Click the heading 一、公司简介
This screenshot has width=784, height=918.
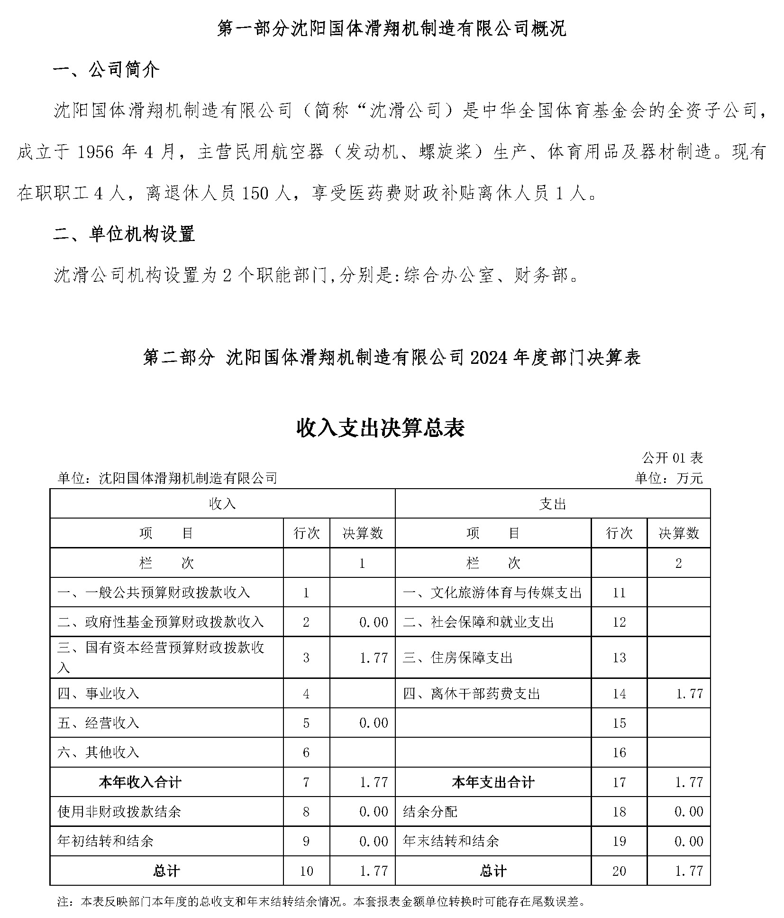pos(106,70)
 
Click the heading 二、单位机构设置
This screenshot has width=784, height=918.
pos(124,234)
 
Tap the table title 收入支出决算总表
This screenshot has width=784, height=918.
pos(380,428)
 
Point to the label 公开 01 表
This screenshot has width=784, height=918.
pos(672,458)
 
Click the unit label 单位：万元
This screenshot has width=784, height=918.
pos(668,478)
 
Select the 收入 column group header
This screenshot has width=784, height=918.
pos(222,504)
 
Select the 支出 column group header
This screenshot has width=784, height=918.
pos(552,504)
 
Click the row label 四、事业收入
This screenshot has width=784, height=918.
pos(98,694)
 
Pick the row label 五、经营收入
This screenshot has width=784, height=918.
pos(98,723)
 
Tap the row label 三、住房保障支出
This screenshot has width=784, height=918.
pos(457,658)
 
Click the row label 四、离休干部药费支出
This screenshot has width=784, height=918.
pos(471,694)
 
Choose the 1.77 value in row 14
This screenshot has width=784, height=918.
pos(689,694)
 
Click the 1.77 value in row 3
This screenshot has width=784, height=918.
pos(374,658)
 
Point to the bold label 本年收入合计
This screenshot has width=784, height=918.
pos(140,782)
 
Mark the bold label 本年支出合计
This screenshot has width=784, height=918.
pos(493,782)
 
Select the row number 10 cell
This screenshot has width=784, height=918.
pos(306,871)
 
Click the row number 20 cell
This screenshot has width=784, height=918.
pos(619,871)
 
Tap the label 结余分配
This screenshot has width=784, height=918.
pos(430,811)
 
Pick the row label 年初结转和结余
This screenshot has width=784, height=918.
pos(105,841)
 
